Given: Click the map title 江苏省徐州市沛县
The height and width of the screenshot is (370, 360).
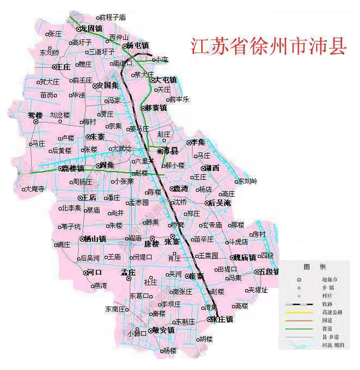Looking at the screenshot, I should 269,46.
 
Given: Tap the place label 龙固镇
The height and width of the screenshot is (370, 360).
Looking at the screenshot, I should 91,28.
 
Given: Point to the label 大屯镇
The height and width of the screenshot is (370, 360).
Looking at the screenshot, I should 166,80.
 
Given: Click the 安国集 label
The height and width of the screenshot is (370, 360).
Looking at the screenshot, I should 108,85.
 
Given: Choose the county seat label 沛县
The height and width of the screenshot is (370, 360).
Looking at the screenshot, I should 169,150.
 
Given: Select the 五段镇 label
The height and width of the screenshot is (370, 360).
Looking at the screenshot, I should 269,271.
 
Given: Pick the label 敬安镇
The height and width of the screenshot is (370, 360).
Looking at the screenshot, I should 163,330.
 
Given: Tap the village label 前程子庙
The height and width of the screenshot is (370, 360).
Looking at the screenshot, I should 114,17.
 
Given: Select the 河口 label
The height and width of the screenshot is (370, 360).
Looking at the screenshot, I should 94,272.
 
